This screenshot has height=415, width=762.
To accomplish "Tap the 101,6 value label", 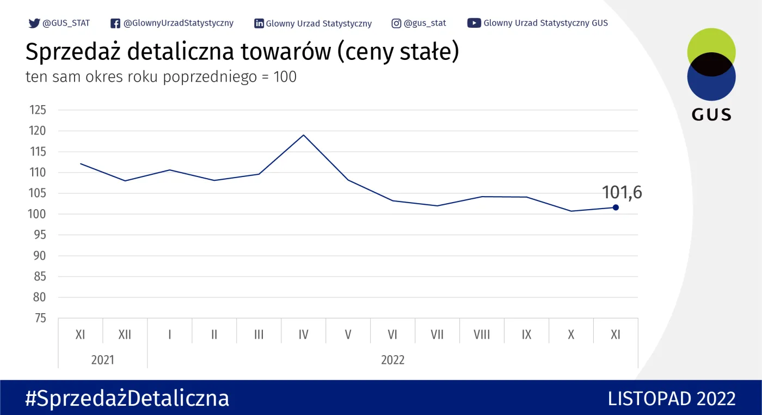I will pyautogui.click(x=622, y=192).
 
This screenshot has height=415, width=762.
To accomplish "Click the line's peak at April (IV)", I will pyautogui.click(x=303, y=135).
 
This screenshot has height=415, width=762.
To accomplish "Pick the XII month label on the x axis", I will pyautogui.click(x=125, y=334).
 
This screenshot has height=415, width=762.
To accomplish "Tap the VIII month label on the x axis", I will pyautogui.click(x=482, y=334).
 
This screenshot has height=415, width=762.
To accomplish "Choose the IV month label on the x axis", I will pyautogui.click(x=303, y=334).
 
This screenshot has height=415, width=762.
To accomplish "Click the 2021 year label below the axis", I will pyautogui.click(x=102, y=360).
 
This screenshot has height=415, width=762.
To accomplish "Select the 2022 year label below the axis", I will pyautogui.click(x=392, y=360).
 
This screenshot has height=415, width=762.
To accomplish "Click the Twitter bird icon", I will pyautogui.click(x=34, y=23).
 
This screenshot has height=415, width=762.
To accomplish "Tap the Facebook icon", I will pyautogui.click(x=115, y=23).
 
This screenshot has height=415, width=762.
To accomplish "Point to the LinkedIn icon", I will pyautogui.click(x=259, y=23).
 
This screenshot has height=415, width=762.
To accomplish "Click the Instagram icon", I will pyautogui.click(x=397, y=23).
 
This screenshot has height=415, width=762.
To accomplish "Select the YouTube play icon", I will pyautogui.click(x=474, y=23).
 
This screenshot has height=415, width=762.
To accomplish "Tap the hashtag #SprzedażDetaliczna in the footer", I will pyautogui.click(x=127, y=398).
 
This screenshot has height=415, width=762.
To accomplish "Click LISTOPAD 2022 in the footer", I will pyautogui.click(x=672, y=398).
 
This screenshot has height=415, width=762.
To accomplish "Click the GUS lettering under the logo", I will pyautogui.click(x=711, y=114).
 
